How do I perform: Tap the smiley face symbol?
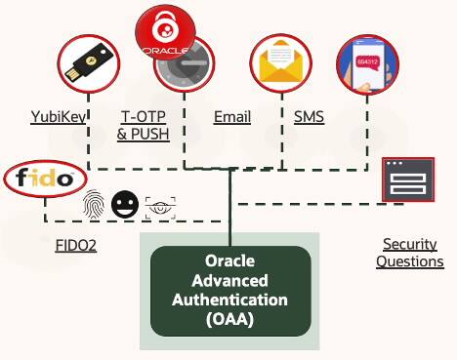(x=123, y=205)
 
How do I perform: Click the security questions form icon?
(x=406, y=180)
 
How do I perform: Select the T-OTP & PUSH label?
(x=143, y=126)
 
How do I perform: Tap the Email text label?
(x=232, y=118)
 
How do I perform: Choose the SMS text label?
(x=310, y=118)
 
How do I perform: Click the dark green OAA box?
(x=230, y=289)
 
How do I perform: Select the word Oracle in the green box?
(x=230, y=261)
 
